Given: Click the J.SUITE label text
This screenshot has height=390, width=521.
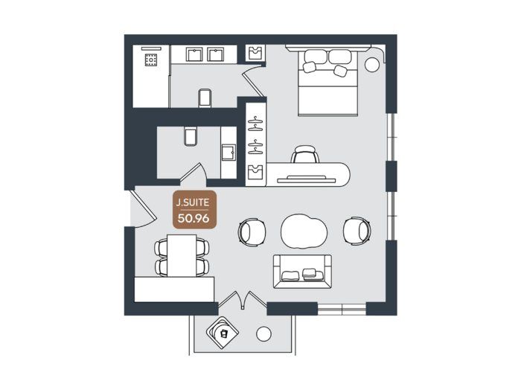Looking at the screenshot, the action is pyautogui.click(x=193, y=202).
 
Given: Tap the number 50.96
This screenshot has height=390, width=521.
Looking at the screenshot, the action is pyautogui.click(x=194, y=218).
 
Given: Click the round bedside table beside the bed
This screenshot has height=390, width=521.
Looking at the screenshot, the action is pyautogui.click(x=372, y=65).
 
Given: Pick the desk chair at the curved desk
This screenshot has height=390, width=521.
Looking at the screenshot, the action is pyautogui.click(x=305, y=154).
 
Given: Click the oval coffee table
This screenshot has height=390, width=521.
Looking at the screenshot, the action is pyautogui.click(x=304, y=231).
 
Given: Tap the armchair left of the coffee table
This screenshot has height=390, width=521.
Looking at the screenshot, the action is pyautogui.click(x=252, y=232).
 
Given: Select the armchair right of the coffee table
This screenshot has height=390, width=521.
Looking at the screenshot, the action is pyautogui.click(x=357, y=231).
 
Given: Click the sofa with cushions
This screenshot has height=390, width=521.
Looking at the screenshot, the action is pyautogui.click(x=302, y=271).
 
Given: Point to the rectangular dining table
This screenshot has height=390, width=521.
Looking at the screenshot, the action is pyautogui.click(x=182, y=255).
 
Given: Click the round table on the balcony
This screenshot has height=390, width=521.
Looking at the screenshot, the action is pyautogui.click(x=263, y=334).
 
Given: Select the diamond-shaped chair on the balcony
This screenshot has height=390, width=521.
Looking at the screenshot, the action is pyautogui.click(x=223, y=333).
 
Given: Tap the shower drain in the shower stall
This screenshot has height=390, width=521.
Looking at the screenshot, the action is pyautogui.click(x=151, y=60).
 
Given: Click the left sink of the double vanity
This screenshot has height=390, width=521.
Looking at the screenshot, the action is pyautogui.click(x=194, y=54).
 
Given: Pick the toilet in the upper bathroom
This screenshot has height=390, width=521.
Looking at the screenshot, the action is pyautogui.click(x=205, y=97).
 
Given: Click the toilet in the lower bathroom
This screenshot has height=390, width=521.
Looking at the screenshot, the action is pyautogui.click(x=191, y=136).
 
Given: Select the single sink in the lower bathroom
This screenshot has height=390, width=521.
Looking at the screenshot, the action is pyautogui.click(x=229, y=153).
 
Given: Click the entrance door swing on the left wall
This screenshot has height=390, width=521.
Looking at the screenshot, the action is pyautogui.click(x=143, y=208).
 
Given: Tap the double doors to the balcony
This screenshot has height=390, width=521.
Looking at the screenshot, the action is pyautogui.click(x=243, y=298).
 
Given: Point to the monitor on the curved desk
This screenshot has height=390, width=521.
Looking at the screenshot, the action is pyautogui.click(x=307, y=179).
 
